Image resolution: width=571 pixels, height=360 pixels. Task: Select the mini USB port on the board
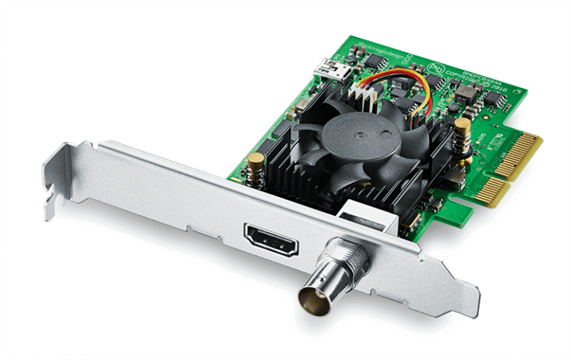pyautogui.click(x=326, y=69)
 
